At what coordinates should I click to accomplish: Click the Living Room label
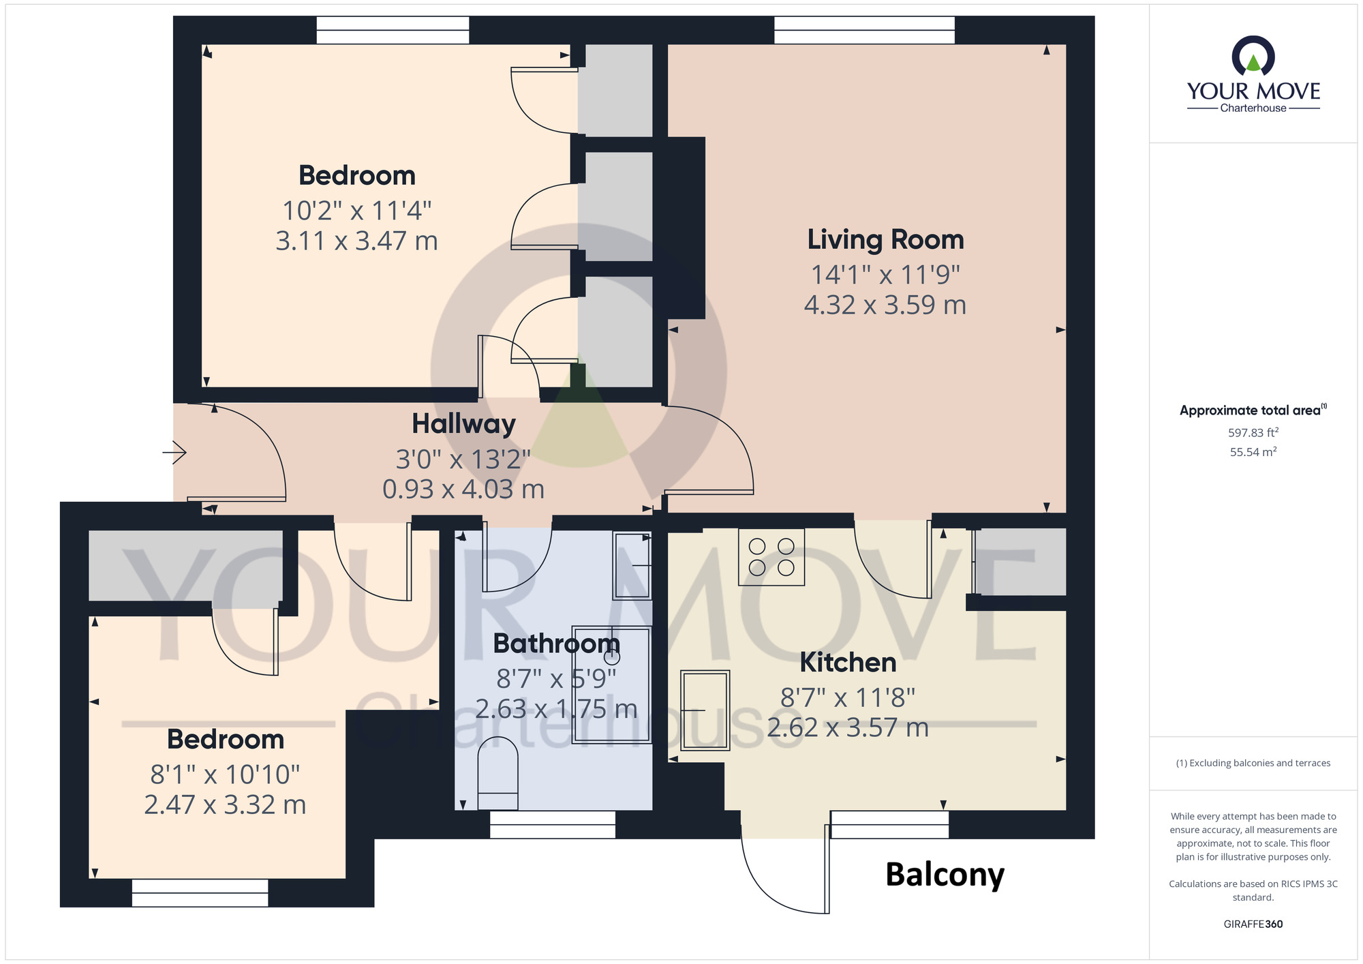tap(885, 240)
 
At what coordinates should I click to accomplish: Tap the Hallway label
tap(463, 424)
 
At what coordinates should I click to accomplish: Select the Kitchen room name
tap(848, 663)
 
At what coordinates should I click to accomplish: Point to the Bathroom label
tap(556, 644)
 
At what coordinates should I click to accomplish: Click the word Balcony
tap(945, 875)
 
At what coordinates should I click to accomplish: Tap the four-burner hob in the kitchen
tap(771, 557)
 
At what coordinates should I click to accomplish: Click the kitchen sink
tap(705, 710)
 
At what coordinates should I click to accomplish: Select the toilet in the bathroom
tap(498, 776)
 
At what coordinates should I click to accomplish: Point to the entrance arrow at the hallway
tap(174, 452)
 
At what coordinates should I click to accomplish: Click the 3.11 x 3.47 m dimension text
tap(356, 241)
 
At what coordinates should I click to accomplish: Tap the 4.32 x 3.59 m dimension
tap(885, 305)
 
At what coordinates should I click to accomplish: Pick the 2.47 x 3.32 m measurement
tap(225, 805)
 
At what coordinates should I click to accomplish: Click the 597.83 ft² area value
tap(1253, 432)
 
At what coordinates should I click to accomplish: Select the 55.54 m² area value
tap(1253, 452)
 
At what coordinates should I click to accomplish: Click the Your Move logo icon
tap(1253, 56)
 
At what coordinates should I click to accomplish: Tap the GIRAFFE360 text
tap(1253, 924)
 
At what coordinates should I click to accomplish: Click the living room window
tap(864, 31)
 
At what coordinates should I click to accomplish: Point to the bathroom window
tap(553, 824)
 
